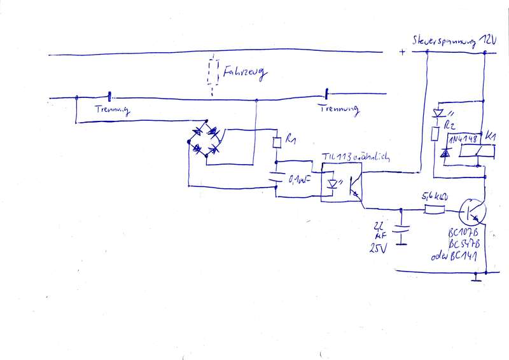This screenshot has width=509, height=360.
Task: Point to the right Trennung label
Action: [x=336, y=109]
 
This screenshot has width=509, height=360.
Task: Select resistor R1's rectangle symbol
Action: [x=275, y=142]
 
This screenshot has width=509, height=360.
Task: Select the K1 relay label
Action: [x=492, y=136]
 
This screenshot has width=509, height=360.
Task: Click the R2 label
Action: [x=450, y=125]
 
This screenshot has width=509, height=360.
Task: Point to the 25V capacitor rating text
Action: [x=378, y=249]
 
